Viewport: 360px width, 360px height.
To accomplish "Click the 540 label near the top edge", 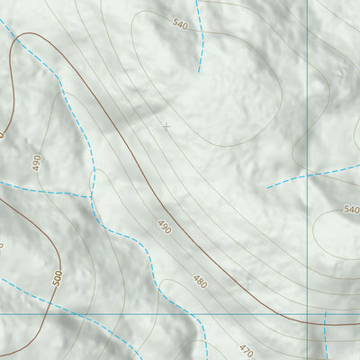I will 180,24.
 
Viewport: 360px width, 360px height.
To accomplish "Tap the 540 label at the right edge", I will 351,209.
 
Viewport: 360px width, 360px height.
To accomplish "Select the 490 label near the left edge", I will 37,163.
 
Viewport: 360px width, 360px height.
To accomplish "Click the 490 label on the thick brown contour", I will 164,226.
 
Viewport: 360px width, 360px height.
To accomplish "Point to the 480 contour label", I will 200,282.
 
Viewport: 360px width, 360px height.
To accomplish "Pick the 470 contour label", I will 247,348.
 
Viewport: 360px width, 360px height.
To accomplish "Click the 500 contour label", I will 58,277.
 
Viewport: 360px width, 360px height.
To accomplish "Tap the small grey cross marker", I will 166,127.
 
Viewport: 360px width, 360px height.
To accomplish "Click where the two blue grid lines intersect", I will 309,314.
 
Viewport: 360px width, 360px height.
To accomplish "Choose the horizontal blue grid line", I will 135,314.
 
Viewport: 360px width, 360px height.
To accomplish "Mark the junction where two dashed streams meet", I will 90,195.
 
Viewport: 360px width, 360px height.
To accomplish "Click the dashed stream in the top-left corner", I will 7,27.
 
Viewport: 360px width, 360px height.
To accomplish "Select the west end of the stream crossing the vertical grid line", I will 267,188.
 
